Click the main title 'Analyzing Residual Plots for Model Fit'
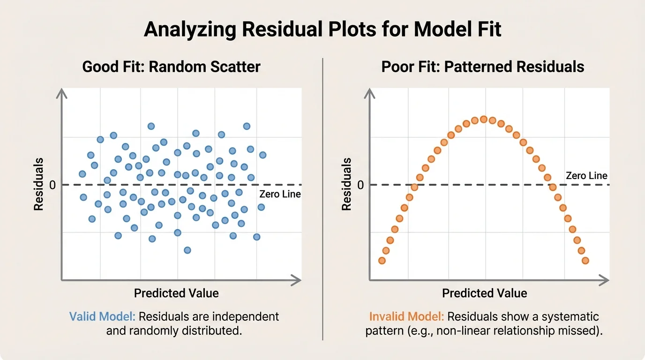click(322, 29)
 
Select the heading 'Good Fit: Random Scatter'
click(171, 67)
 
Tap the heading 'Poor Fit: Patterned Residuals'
click(482, 67)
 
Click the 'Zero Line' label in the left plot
click(280, 194)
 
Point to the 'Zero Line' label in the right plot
click(586, 176)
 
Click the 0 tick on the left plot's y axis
click(52, 185)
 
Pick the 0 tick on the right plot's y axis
click(360, 185)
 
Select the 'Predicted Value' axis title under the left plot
click(176, 293)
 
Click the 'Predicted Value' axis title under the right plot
click(484, 293)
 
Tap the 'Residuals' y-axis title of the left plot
click(38, 184)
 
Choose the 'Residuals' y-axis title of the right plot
click(346, 184)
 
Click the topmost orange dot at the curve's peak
click(484, 119)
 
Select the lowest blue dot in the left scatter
click(187, 250)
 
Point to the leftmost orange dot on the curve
click(382, 261)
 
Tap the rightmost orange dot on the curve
click(585, 261)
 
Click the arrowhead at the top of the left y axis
click(62, 94)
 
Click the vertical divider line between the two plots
click(323, 197)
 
